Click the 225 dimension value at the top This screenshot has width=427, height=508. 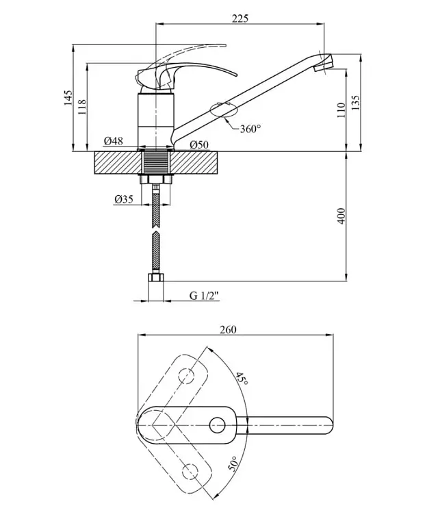[240, 18]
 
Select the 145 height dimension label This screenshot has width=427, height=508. [68, 98]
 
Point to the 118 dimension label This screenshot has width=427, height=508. [82, 107]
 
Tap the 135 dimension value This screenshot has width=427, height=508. [355, 103]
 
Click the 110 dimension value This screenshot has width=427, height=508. [341, 110]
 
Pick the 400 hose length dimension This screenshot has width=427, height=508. [341, 216]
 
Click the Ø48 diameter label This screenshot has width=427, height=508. [114, 141]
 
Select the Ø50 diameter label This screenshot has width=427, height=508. [199, 144]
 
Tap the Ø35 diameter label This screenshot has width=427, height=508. [124, 199]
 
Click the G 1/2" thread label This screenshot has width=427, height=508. [205, 296]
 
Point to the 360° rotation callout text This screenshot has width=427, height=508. [250, 129]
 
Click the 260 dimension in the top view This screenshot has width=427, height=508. [229, 329]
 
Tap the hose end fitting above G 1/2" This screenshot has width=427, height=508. [156, 278]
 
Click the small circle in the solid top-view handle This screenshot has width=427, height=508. [217, 426]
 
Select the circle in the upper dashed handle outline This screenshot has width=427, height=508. [187, 376]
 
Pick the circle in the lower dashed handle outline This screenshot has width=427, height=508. [190, 472]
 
